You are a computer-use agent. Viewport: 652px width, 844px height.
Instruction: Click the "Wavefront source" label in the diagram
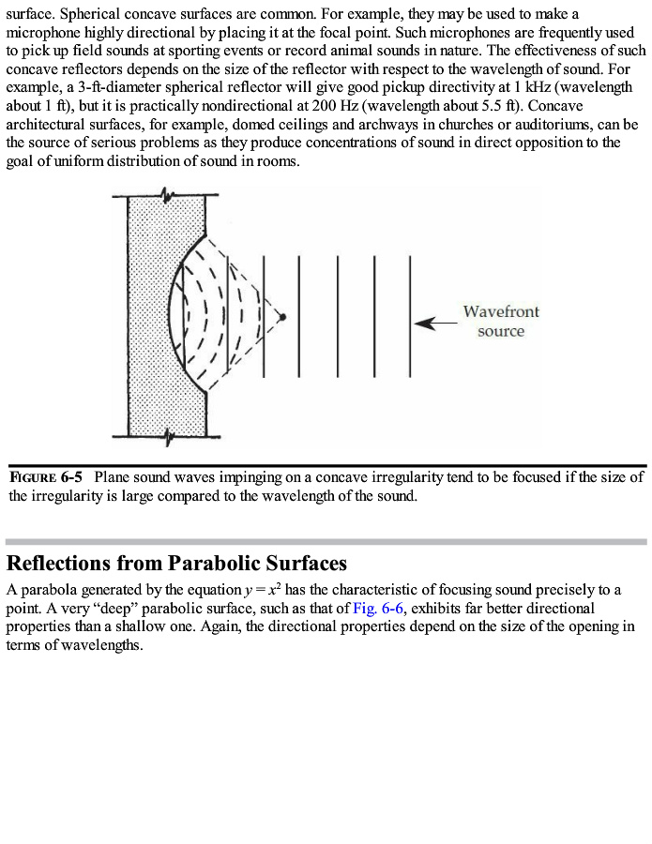[x=501, y=322]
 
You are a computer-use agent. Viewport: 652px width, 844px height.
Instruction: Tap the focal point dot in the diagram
[x=284, y=316]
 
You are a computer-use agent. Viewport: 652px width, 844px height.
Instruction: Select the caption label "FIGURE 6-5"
[x=46, y=476]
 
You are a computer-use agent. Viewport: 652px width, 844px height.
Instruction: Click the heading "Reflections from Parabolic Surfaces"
[x=176, y=564]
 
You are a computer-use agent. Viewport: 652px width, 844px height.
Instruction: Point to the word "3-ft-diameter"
[x=107, y=87]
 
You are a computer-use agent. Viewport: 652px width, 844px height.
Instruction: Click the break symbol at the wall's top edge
[x=168, y=195]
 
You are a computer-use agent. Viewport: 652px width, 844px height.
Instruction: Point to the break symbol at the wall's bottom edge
[x=168, y=435]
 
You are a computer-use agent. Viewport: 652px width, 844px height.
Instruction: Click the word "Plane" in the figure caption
[x=113, y=476]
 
